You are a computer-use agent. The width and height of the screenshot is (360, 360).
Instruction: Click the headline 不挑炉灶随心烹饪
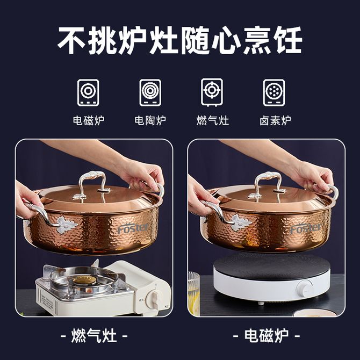(x=180, y=40)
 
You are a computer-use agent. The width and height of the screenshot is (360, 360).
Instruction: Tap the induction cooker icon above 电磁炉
(x=88, y=92)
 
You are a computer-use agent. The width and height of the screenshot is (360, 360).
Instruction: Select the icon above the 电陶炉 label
(x=150, y=92)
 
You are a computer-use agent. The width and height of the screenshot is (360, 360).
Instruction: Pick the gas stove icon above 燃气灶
(x=212, y=92)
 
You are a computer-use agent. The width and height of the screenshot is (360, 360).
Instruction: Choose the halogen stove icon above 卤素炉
(x=274, y=92)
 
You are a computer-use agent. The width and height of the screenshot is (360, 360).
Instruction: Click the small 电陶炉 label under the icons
(x=150, y=120)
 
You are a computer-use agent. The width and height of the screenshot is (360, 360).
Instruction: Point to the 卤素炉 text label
(x=275, y=120)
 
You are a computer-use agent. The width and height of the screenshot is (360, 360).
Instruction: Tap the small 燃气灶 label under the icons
(x=213, y=120)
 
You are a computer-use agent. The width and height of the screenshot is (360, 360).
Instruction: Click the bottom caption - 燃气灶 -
(x=94, y=336)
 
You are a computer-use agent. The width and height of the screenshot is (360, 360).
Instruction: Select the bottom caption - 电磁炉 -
(x=267, y=336)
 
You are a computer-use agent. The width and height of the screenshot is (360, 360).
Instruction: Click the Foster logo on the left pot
(x=133, y=228)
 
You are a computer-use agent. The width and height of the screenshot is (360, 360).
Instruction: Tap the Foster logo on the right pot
(x=306, y=228)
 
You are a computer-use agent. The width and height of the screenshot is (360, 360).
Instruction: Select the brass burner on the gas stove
(x=84, y=279)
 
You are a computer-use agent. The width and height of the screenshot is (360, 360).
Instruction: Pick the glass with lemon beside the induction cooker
(x=194, y=294)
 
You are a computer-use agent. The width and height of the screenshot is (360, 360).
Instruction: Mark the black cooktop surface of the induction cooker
(x=271, y=266)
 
